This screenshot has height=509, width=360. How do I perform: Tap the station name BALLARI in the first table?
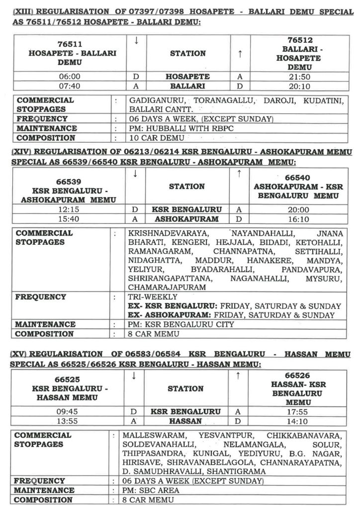coord(188,86)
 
